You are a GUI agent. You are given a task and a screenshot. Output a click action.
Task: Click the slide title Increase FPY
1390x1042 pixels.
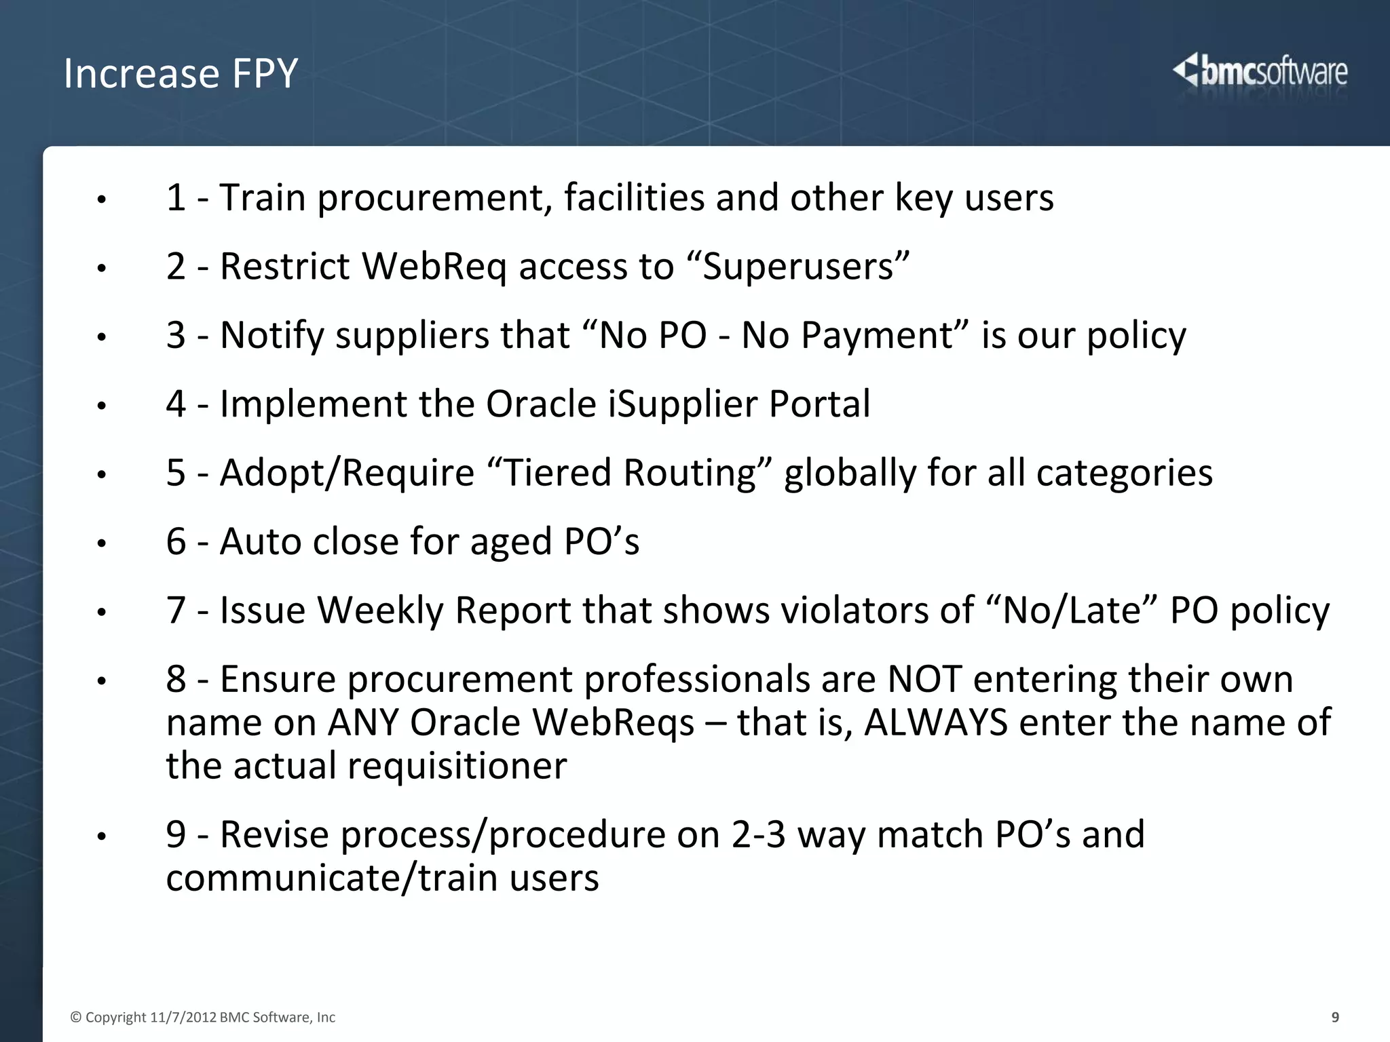coord(181,73)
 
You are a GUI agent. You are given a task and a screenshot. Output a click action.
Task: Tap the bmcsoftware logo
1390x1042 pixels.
coord(1260,72)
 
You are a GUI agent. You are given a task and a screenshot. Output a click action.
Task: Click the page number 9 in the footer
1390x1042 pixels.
coord(1335,1017)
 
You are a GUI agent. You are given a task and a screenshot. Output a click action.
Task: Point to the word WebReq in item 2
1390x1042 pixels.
coord(434,267)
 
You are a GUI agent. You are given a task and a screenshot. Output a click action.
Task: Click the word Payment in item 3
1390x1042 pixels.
coord(878,335)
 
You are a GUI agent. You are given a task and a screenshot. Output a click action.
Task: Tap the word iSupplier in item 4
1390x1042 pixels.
coord(682,404)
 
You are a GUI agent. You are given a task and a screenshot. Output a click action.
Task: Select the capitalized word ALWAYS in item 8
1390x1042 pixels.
coord(936,722)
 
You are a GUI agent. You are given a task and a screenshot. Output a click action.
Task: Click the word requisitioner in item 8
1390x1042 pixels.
coord(457,767)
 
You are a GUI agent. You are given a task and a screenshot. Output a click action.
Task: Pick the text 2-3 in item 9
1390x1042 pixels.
coord(758,835)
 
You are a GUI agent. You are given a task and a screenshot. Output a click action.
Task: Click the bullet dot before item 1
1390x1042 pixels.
coord(101,200)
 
